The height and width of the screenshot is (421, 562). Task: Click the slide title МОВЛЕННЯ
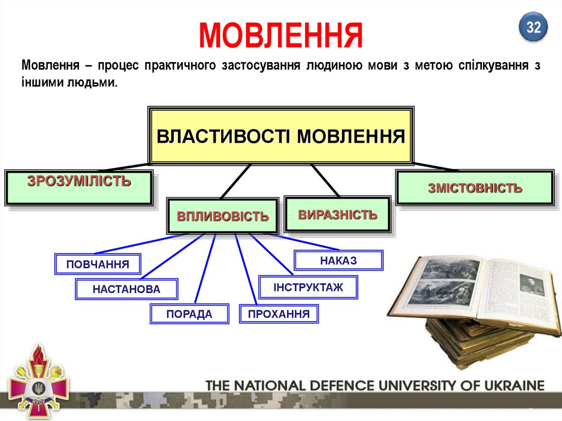[x=280, y=35]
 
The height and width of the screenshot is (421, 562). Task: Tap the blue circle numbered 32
[x=533, y=27]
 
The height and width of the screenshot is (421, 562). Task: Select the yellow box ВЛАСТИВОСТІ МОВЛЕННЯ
[x=280, y=136]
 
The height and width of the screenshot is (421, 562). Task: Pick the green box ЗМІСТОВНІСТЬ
[x=475, y=188]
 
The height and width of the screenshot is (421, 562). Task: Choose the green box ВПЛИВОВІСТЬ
[x=222, y=216]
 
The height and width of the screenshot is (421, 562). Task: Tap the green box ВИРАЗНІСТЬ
[x=338, y=215]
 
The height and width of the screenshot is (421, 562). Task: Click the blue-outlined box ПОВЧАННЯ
[x=98, y=264]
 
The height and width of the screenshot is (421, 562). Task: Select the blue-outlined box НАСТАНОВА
[x=126, y=289]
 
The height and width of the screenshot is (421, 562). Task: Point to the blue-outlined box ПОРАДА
[x=189, y=314]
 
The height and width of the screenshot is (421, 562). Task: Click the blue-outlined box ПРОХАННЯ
[x=278, y=314]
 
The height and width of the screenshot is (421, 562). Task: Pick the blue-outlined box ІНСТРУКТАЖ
[x=308, y=287]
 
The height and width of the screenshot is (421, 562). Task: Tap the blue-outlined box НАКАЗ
[x=338, y=260]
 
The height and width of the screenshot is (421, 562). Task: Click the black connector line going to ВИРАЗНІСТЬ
[x=325, y=179]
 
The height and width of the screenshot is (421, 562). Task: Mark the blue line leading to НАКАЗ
[x=307, y=242]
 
